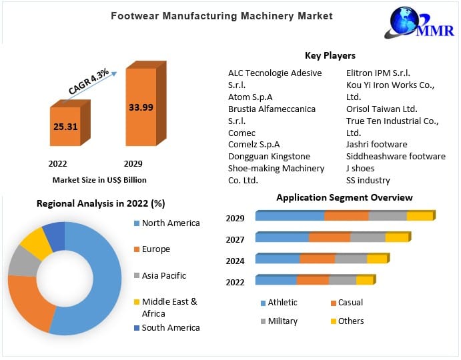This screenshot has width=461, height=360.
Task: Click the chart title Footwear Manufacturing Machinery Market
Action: (221, 15)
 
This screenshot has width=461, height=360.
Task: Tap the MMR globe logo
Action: (420, 23)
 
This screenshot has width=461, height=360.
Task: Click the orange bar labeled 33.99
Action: (141, 107)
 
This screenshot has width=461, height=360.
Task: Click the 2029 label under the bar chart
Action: (133, 163)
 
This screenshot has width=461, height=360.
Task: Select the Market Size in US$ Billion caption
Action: (99, 180)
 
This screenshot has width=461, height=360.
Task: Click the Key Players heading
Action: (330, 56)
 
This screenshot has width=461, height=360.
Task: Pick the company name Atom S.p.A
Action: (250, 97)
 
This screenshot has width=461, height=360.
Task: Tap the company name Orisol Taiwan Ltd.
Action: (382, 109)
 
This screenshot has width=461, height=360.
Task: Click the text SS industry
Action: (368, 181)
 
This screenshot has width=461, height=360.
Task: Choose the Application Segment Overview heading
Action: (344, 197)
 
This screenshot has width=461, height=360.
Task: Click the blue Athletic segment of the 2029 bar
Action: (290, 216)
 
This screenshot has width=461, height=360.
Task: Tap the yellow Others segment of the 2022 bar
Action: (364, 281)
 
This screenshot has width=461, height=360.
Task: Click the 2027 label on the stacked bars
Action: (235, 239)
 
